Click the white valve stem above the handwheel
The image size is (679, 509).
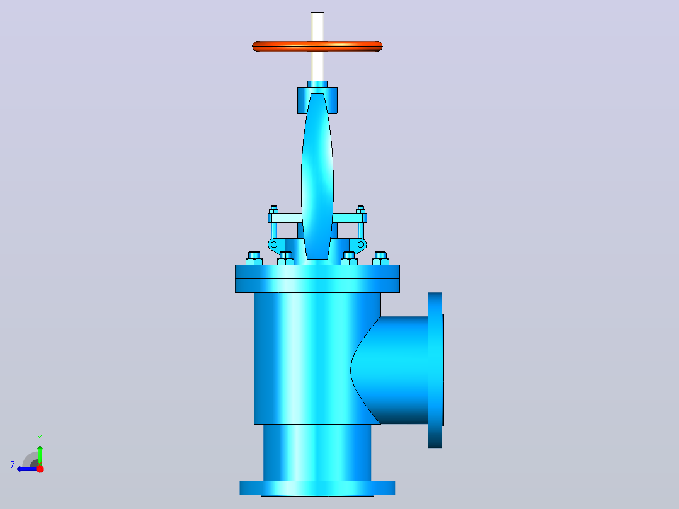[x=317, y=26]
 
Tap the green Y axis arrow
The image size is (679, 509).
[x=40, y=455]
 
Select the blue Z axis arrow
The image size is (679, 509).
[x=26, y=469]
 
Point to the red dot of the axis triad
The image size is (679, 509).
[x=40, y=469]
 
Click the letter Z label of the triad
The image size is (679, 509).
[x=13, y=466]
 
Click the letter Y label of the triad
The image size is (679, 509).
[x=40, y=438]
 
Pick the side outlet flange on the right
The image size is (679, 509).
[x=435, y=370]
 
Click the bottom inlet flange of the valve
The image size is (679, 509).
[x=317, y=488]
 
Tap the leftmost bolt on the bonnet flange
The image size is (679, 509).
[x=254, y=258]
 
